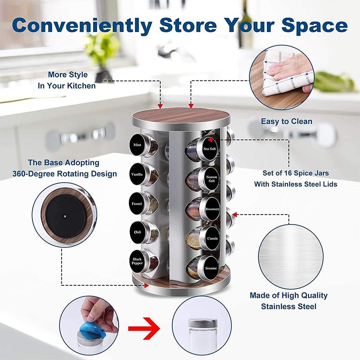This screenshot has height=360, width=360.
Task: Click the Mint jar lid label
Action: tap(138, 145)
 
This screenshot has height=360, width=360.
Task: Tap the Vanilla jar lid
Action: tap(137, 175)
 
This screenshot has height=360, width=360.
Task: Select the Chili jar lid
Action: tap(137, 231)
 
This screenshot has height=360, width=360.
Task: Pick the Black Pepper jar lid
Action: tap(137, 260)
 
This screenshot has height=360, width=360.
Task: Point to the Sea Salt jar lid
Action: tap(210, 148)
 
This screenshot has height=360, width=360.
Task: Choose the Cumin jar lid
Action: tap(212, 238)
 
